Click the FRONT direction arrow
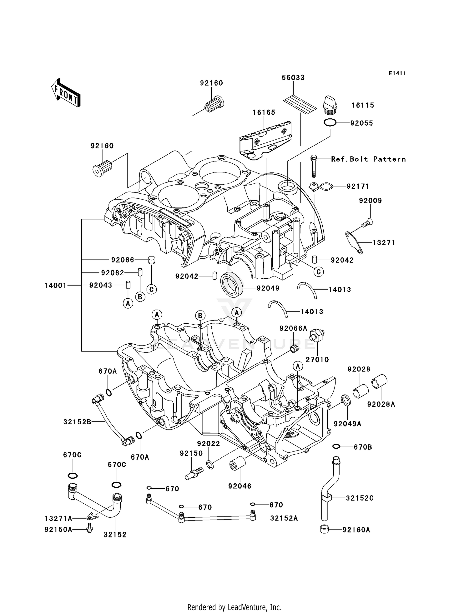click(x=66, y=93)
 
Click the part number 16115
click(x=362, y=105)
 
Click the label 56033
click(x=293, y=77)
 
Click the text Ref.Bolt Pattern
click(x=368, y=159)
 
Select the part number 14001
click(x=55, y=285)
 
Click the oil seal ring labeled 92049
click(x=232, y=283)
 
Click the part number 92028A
click(x=381, y=404)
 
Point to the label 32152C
click(x=360, y=498)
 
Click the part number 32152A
click(x=284, y=518)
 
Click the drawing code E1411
click(x=397, y=73)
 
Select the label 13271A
click(x=58, y=519)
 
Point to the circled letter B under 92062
click(x=140, y=297)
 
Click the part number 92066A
click(x=293, y=328)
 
